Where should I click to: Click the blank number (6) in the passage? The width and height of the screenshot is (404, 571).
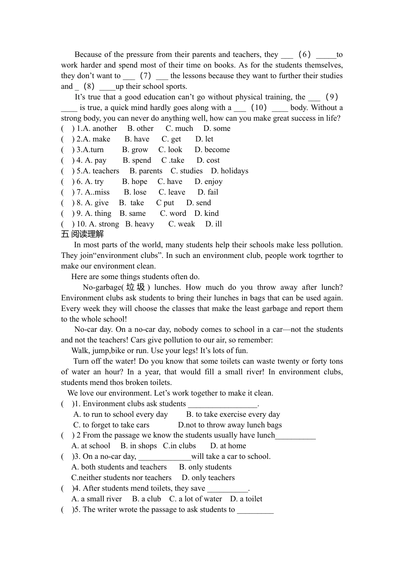pos(304,54)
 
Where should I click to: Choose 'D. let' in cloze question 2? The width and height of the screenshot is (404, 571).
pos(204,139)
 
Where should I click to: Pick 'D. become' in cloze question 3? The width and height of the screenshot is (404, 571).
pos(212,150)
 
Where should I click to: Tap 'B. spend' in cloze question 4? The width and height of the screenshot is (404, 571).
pos(137,160)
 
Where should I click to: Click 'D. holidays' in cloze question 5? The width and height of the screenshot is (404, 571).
pos(230,171)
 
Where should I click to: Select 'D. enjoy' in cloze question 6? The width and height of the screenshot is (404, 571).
pos(208,181)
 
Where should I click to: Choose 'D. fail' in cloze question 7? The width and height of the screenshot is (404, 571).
pos(208,192)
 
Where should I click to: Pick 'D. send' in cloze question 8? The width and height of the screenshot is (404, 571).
pos(199,203)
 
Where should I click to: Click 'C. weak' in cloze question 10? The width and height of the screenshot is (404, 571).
pos(182,224)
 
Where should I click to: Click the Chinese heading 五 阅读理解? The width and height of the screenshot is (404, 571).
pos(83,234)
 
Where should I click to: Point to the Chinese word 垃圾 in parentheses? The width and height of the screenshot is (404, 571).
pos(136,287)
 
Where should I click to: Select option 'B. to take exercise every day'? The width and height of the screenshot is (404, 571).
pos(233,414)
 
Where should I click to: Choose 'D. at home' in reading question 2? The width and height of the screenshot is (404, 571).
pos(228,446)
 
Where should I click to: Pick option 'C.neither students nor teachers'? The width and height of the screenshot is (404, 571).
pos(121,478)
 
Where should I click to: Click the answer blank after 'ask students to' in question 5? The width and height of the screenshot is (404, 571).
pos(255,510)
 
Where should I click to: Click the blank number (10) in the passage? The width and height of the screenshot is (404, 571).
pos(259,107)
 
